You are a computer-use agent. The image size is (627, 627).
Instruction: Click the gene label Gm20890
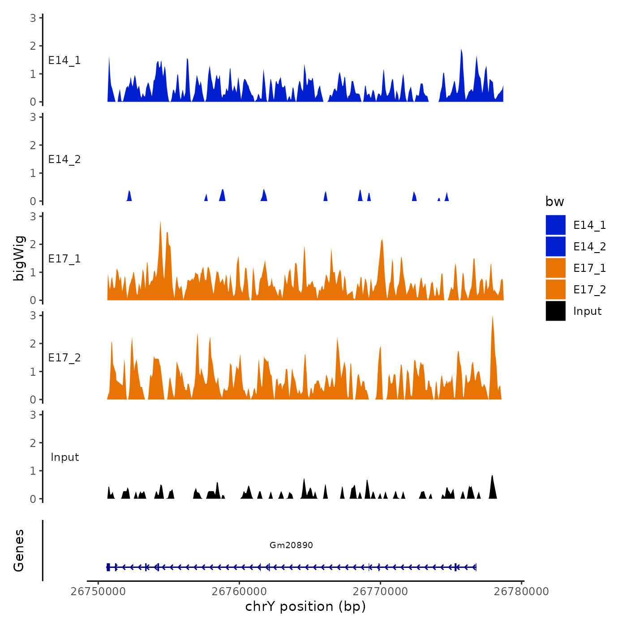click(x=291, y=545)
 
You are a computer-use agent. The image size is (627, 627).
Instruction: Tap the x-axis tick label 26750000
click(x=98, y=591)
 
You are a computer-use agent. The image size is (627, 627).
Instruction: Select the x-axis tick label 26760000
click(x=239, y=591)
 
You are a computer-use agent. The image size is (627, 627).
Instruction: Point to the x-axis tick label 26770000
click(x=380, y=591)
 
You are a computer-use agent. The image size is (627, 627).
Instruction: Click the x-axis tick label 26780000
click(x=521, y=591)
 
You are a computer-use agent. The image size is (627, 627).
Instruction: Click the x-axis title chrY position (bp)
click(x=305, y=606)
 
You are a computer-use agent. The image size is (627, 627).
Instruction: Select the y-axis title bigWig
click(x=19, y=258)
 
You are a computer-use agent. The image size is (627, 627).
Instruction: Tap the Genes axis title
click(x=19, y=550)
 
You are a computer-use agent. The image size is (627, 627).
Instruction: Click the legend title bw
click(x=554, y=202)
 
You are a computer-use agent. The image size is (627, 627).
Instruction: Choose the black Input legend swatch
click(x=555, y=311)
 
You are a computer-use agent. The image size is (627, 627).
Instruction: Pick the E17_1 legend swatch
click(x=555, y=268)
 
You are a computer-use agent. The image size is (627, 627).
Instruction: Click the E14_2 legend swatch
click(x=555, y=246)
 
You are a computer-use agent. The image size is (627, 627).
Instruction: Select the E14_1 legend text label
click(x=589, y=225)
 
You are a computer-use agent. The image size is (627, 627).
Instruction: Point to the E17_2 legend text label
click(x=589, y=289)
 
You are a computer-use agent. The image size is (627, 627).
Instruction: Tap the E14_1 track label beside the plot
click(x=64, y=60)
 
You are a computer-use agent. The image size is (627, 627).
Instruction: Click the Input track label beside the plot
click(x=64, y=457)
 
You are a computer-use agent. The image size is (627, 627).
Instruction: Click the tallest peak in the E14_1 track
click(x=461, y=50)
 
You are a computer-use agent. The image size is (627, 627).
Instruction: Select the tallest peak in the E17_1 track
click(x=160, y=222)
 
